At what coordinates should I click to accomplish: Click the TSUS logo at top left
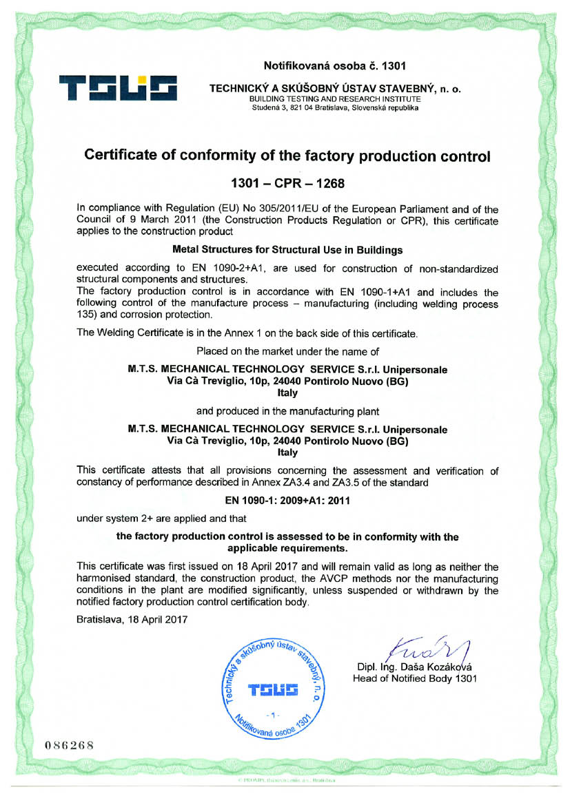[119, 89]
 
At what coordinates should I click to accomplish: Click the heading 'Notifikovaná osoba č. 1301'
[334, 66]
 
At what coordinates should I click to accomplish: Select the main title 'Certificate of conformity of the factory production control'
[287, 156]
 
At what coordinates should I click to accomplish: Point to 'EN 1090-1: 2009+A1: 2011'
[287, 501]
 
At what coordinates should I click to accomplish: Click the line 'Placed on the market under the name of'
[287, 351]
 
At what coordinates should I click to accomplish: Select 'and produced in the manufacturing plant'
[287, 412]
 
